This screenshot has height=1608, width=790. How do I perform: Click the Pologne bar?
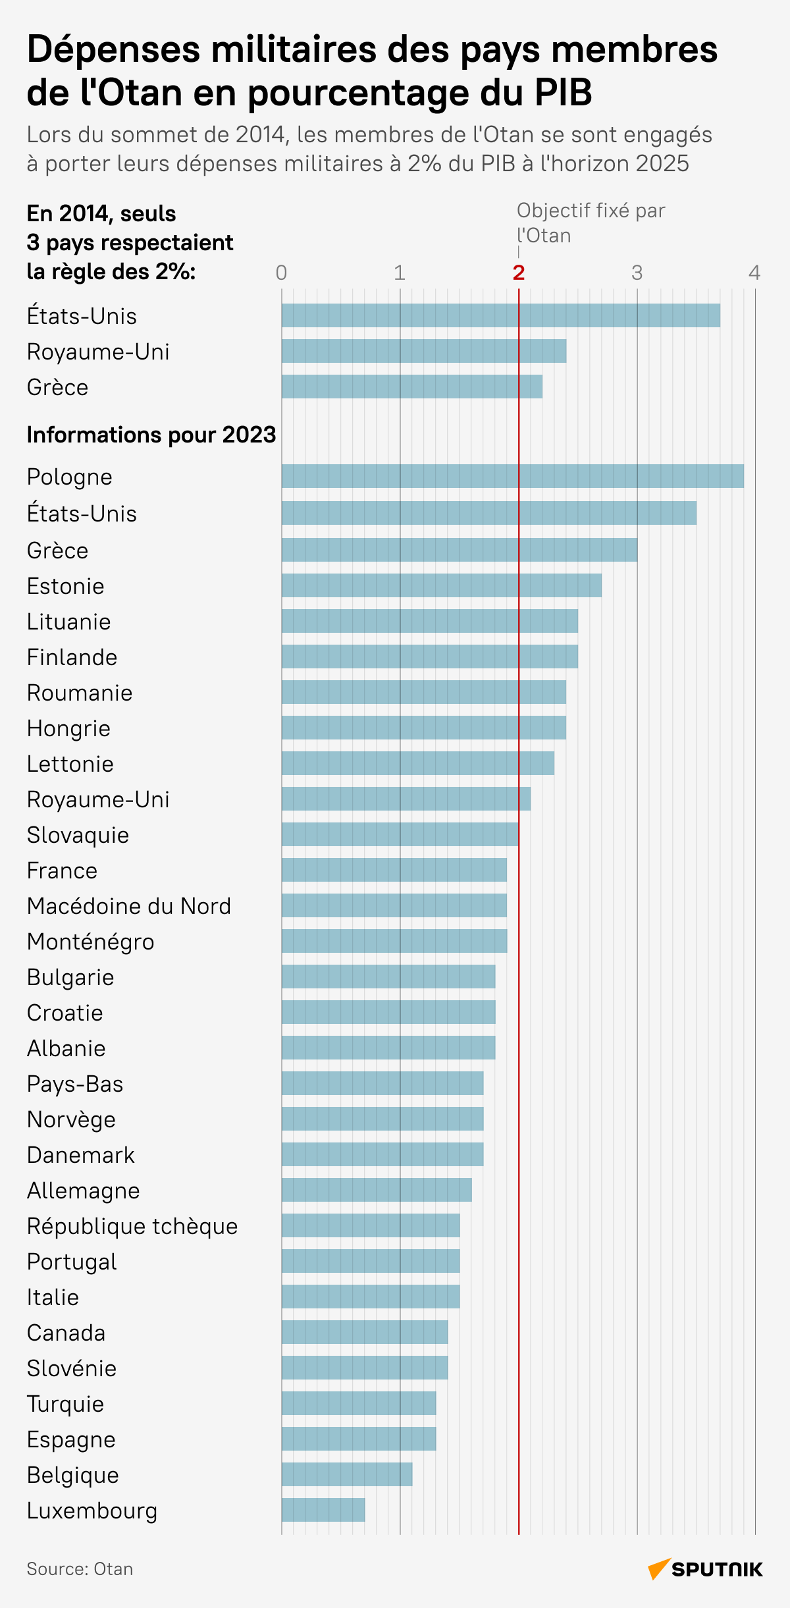tap(512, 476)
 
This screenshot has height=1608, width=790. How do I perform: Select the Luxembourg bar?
tap(323, 1510)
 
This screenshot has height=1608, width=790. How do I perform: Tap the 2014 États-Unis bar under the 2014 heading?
tap(500, 315)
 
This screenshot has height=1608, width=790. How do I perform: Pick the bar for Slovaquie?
tap(400, 834)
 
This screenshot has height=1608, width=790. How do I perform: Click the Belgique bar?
tap(347, 1474)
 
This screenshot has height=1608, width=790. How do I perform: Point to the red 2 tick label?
tap(519, 273)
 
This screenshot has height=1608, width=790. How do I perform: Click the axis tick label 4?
tap(754, 273)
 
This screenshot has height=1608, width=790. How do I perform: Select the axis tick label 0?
tap(281, 273)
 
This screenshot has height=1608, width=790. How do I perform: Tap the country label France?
tap(62, 871)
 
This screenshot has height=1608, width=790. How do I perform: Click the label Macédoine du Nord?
tap(129, 906)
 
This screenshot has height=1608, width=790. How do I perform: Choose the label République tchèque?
tap(132, 1226)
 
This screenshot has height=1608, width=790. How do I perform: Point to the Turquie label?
tap(65, 1404)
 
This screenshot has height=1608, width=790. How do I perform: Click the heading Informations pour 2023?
tap(151, 435)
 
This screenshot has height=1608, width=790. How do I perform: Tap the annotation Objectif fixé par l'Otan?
tap(590, 223)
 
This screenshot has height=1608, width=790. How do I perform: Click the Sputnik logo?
tap(705, 1569)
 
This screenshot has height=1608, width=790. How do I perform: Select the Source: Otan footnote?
tap(80, 1569)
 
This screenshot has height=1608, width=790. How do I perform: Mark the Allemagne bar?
tap(377, 1190)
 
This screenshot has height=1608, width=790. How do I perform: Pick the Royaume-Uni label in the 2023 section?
tap(98, 799)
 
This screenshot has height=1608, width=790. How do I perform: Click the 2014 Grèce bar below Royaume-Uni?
tap(411, 387)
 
